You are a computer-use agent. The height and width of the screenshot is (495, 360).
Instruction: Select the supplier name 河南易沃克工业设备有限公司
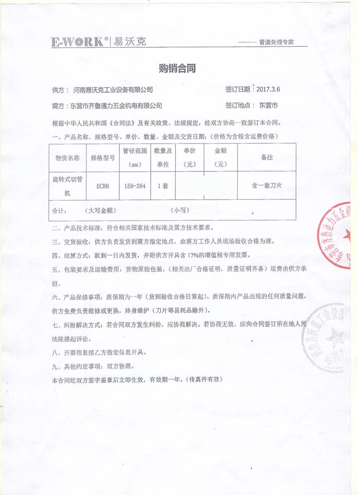[113, 90]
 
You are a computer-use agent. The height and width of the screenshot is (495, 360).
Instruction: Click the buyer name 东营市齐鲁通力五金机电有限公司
[116, 106]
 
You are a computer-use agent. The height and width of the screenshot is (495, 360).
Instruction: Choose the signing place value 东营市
[268, 105]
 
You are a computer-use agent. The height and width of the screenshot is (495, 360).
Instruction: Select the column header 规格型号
[103, 158]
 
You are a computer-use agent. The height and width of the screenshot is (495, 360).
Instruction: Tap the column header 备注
[267, 157]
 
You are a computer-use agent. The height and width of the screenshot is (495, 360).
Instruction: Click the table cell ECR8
[103, 187]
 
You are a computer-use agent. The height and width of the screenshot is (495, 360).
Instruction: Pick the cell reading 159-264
[135, 187]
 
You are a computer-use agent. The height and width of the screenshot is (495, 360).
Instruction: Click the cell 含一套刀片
[267, 186]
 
